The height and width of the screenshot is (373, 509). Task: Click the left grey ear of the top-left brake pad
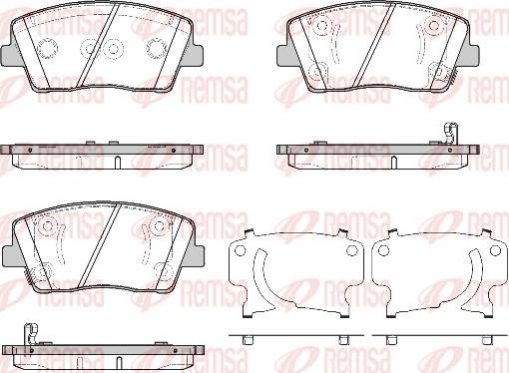pyautogui.click(x=8, y=54)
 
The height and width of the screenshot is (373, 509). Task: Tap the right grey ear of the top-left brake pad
pyautogui.click(x=198, y=54)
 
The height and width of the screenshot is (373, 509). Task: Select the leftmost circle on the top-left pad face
pyautogui.click(x=47, y=49)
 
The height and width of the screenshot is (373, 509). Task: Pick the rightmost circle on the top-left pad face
pyautogui.click(x=156, y=49)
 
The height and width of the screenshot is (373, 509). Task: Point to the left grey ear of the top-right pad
pyautogui.click(x=282, y=55)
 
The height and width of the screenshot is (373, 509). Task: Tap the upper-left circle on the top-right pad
pyautogui.click(x=321, y=25)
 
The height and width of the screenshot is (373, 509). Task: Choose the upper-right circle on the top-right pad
pyautogui.click(x=434, y=25)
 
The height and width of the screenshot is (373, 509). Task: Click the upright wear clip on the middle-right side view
pyautogui.click(x=450, y=133)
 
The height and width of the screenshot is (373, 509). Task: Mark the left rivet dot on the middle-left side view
pyautogui.click(x=30, y=150)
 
